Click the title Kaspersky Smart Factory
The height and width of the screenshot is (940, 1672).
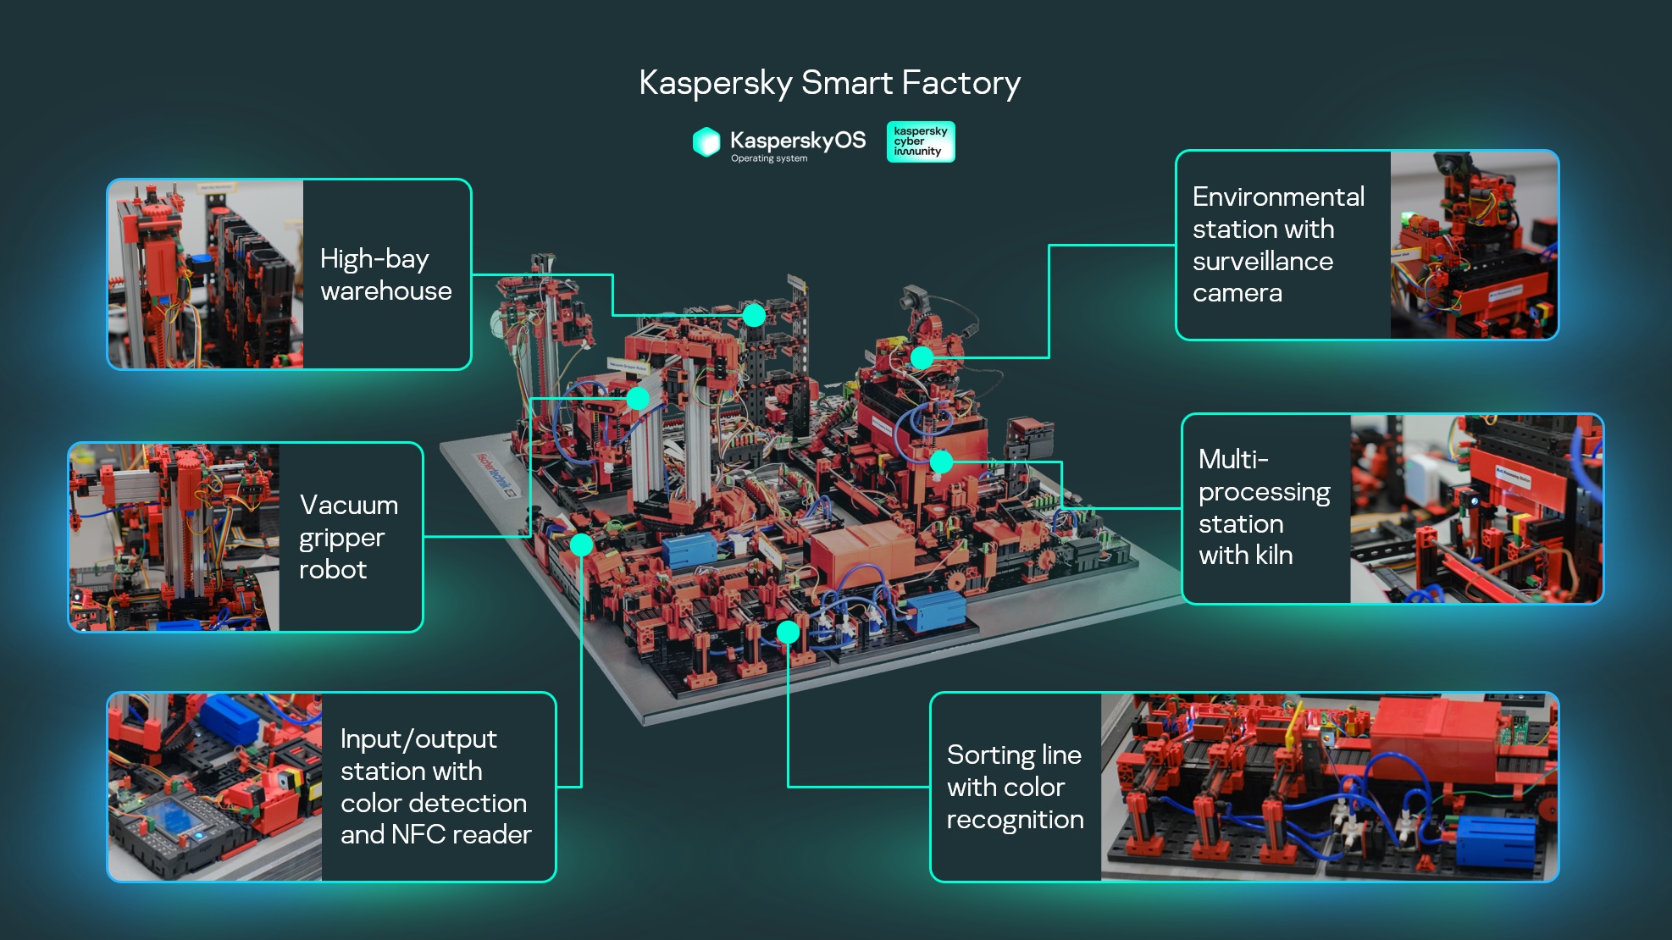pyautogui.click(x=829, y=83)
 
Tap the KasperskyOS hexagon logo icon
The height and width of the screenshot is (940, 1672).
pyautogui.click(x=706, y=142)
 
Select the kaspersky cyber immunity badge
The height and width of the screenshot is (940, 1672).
pyautogui.click(x=920, y=141)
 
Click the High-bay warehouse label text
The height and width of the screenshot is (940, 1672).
pyautogui.click(x=385, y=274)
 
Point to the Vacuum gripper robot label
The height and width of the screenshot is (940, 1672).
pyautogui.click(x=348, y=537)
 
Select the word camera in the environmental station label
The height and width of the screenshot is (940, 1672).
pyautogui.click(x=1237, y=293)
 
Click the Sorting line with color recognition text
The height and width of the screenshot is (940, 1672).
pyautogui.click(x=1014, y=787)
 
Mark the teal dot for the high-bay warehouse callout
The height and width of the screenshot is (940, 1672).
pyautogui.click(x=754, y=316)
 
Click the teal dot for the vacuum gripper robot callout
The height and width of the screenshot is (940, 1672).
pyautogui.click(x=638, y=398)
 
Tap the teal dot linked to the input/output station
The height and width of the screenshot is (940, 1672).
pyautogui.click(x=581, y=545)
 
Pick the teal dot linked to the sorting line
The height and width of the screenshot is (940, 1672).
pyautogui.click(x=788, y=632)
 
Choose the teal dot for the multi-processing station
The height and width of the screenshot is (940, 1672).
pyautogui.click(x=941, y=462)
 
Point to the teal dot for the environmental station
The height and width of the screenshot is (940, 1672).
pyautogui.click(x=922, y=357)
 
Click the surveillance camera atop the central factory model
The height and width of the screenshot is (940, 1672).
pyautogui.click(x=914, y=297)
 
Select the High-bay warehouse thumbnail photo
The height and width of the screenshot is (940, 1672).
pyautogui.click(x=206, y=274)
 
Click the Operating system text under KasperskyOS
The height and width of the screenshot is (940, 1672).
pyautogui.click(x=769, y=158)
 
